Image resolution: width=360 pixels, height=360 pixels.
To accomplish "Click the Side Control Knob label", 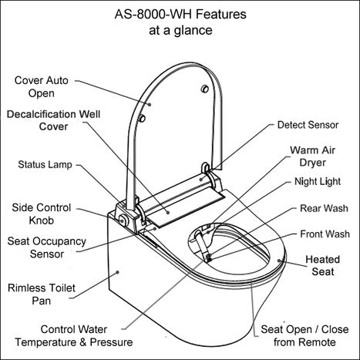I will tap(43, 214).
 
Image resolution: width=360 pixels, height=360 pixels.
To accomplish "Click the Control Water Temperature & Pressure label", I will tap(86, 335).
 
